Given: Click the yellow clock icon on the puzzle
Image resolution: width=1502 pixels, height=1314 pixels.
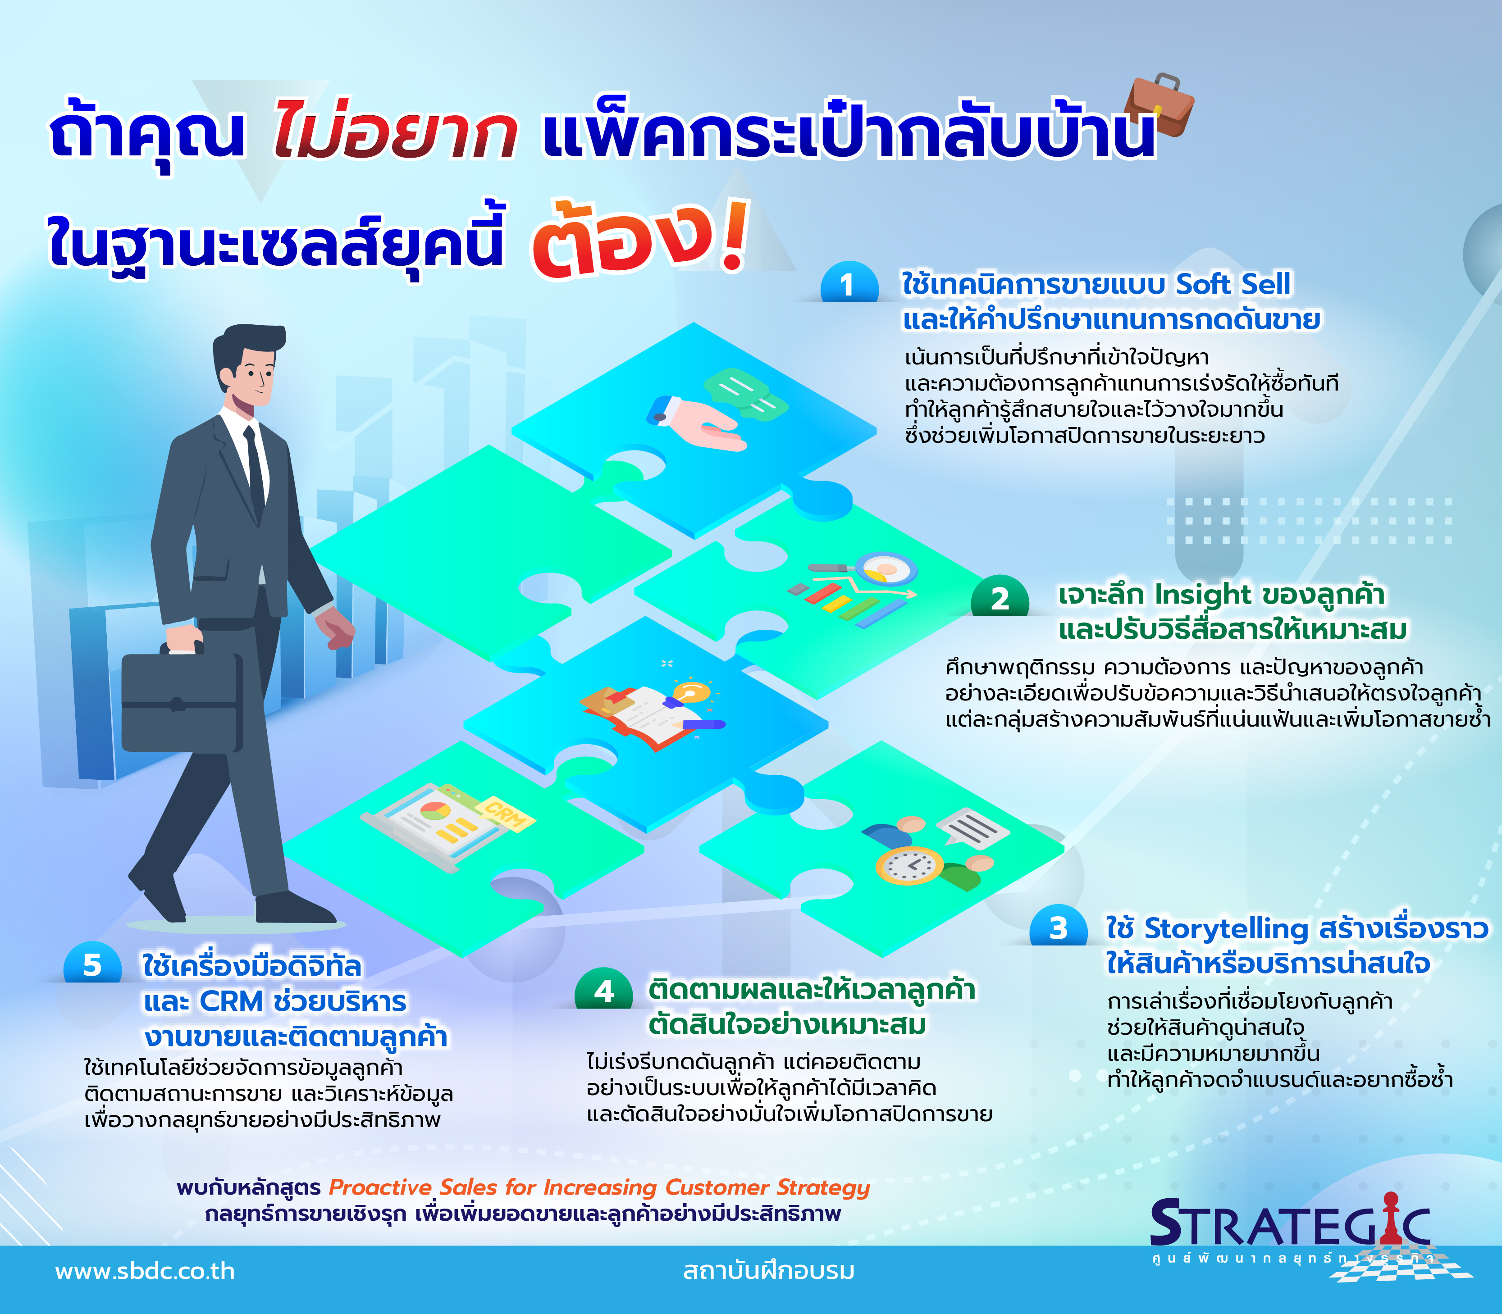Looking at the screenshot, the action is [909, 865].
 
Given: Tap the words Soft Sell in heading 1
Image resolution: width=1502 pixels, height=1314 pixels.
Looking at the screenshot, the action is [1233, 284].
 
